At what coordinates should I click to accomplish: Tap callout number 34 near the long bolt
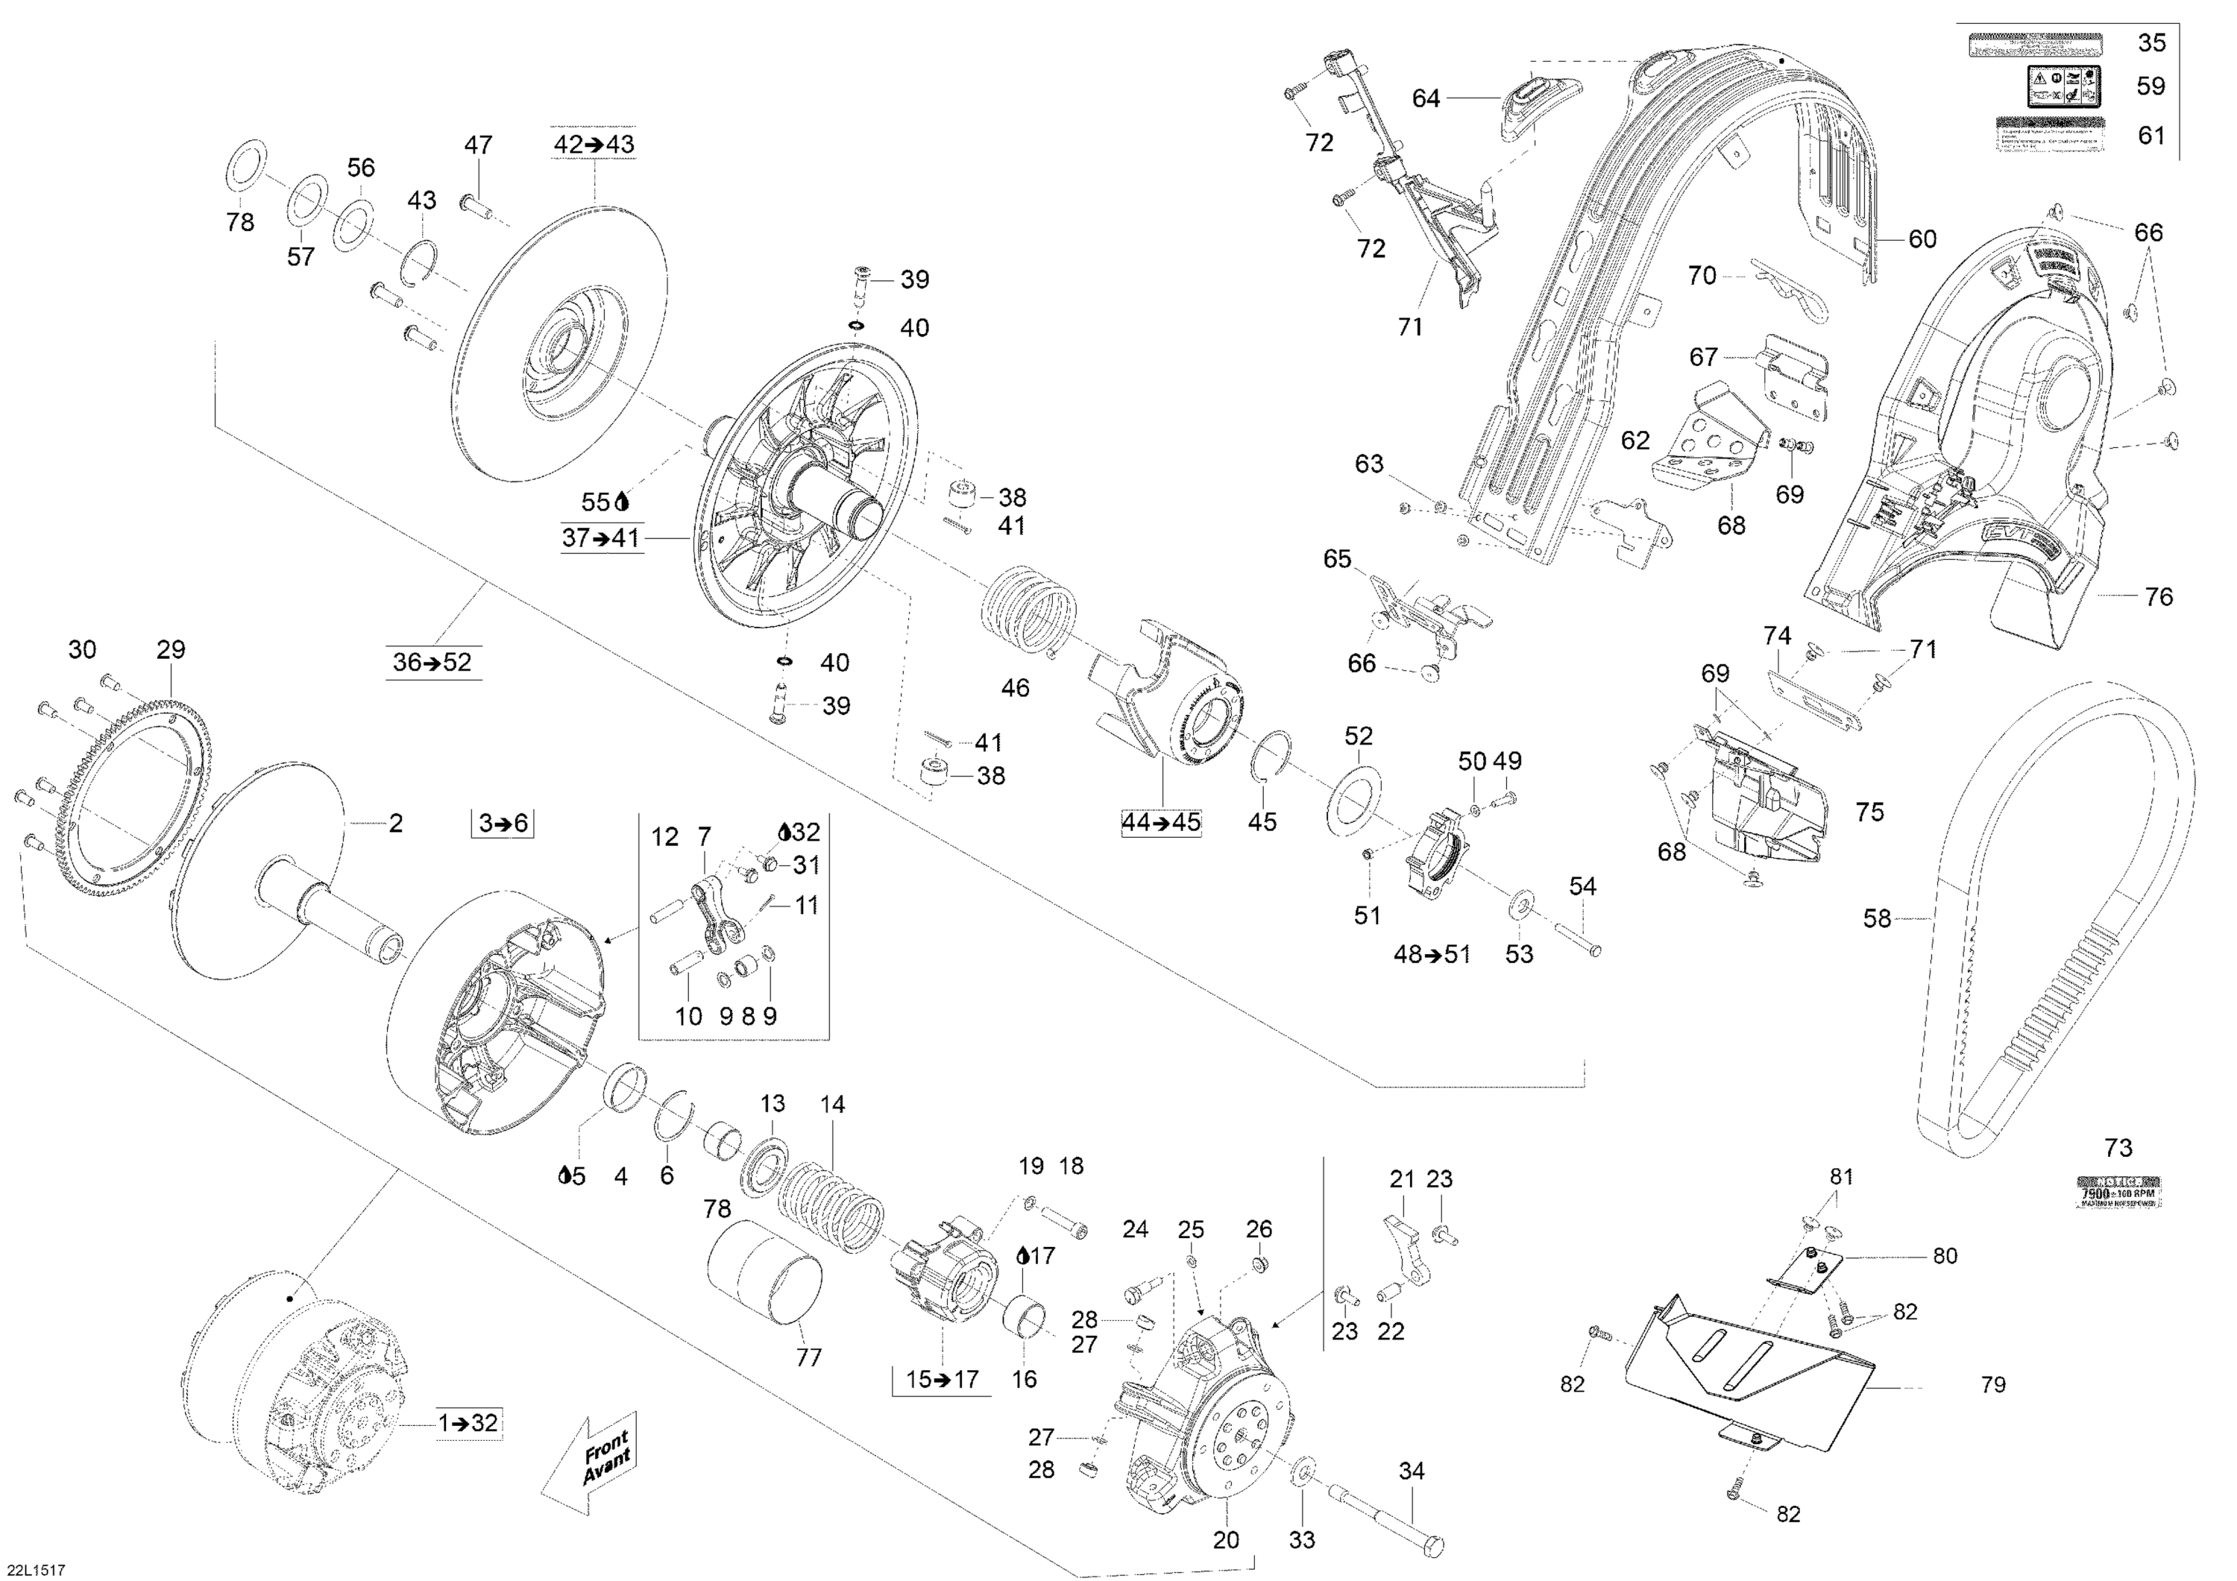tap(1411, 1471)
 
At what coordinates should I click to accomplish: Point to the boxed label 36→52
tap(432, 663)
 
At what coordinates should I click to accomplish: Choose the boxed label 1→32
tap(468, 1423)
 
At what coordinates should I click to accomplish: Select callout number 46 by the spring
tap(1014, 688)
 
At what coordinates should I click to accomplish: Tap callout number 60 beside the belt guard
tap(1922, 239)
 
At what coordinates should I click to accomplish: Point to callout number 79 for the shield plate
tap(1992, 1384)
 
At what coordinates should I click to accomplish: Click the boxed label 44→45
tap(1160, 822)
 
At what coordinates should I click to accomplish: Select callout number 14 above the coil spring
tap(832, 1105)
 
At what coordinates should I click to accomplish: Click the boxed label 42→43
tap(594, 144)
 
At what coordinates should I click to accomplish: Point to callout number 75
tap(1869, 812)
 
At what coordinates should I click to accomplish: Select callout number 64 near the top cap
tap(1426, 98)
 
